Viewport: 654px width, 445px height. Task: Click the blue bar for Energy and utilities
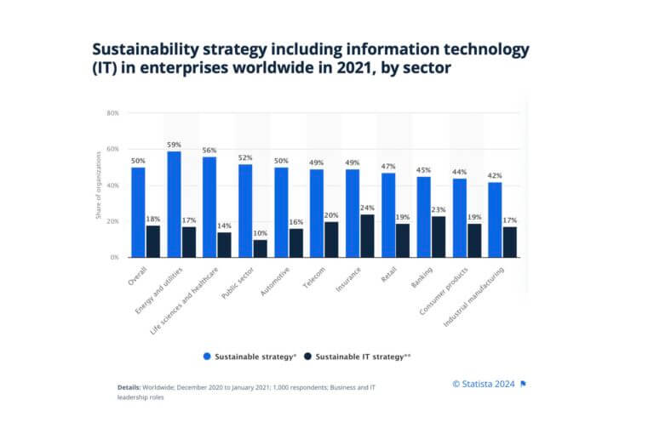point(174,204)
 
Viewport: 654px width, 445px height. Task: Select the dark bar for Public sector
point(260,248)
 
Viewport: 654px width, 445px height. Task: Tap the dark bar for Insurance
point(367,235)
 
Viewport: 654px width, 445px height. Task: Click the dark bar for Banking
point(438,236)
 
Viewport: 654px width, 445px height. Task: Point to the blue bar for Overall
point(138,212)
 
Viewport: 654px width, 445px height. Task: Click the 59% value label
point(174,145)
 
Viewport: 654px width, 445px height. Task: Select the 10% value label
point(260,233)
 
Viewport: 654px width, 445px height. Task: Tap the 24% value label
point(367,207)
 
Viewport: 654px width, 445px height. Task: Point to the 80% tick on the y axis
point(112,113)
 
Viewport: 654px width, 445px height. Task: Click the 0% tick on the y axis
point(114,257)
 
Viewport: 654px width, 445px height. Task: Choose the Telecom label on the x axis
point(312,277)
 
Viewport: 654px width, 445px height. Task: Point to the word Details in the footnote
point(129,387)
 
